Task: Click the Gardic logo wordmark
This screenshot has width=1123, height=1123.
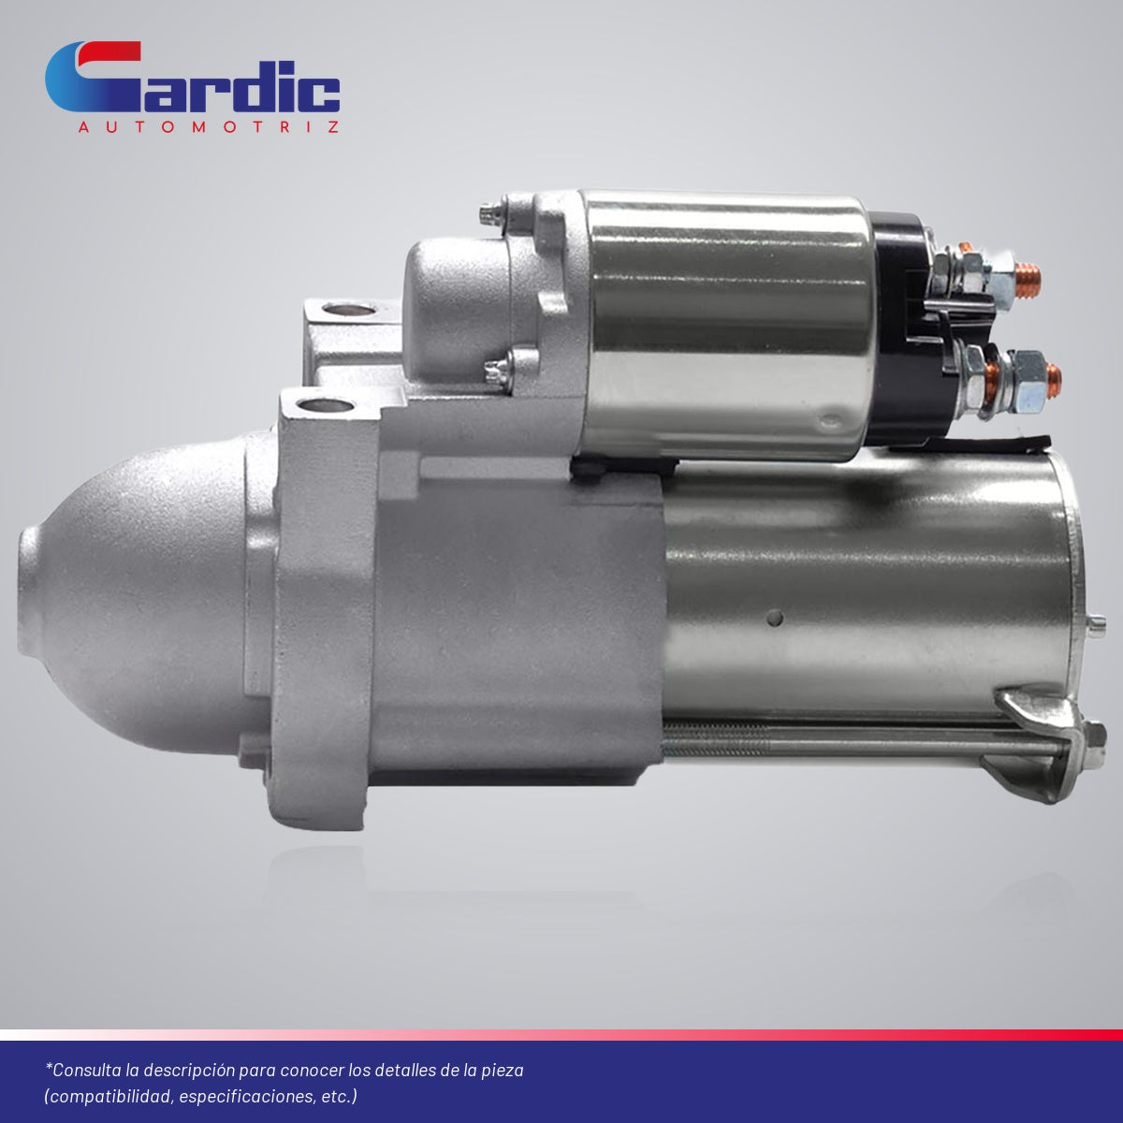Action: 193,77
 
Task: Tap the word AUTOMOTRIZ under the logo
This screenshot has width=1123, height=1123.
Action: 209,127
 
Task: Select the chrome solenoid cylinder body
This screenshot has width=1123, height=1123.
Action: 728,324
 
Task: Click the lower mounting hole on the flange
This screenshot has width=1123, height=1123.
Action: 325,404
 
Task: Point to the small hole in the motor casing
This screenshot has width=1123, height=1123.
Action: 775,617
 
